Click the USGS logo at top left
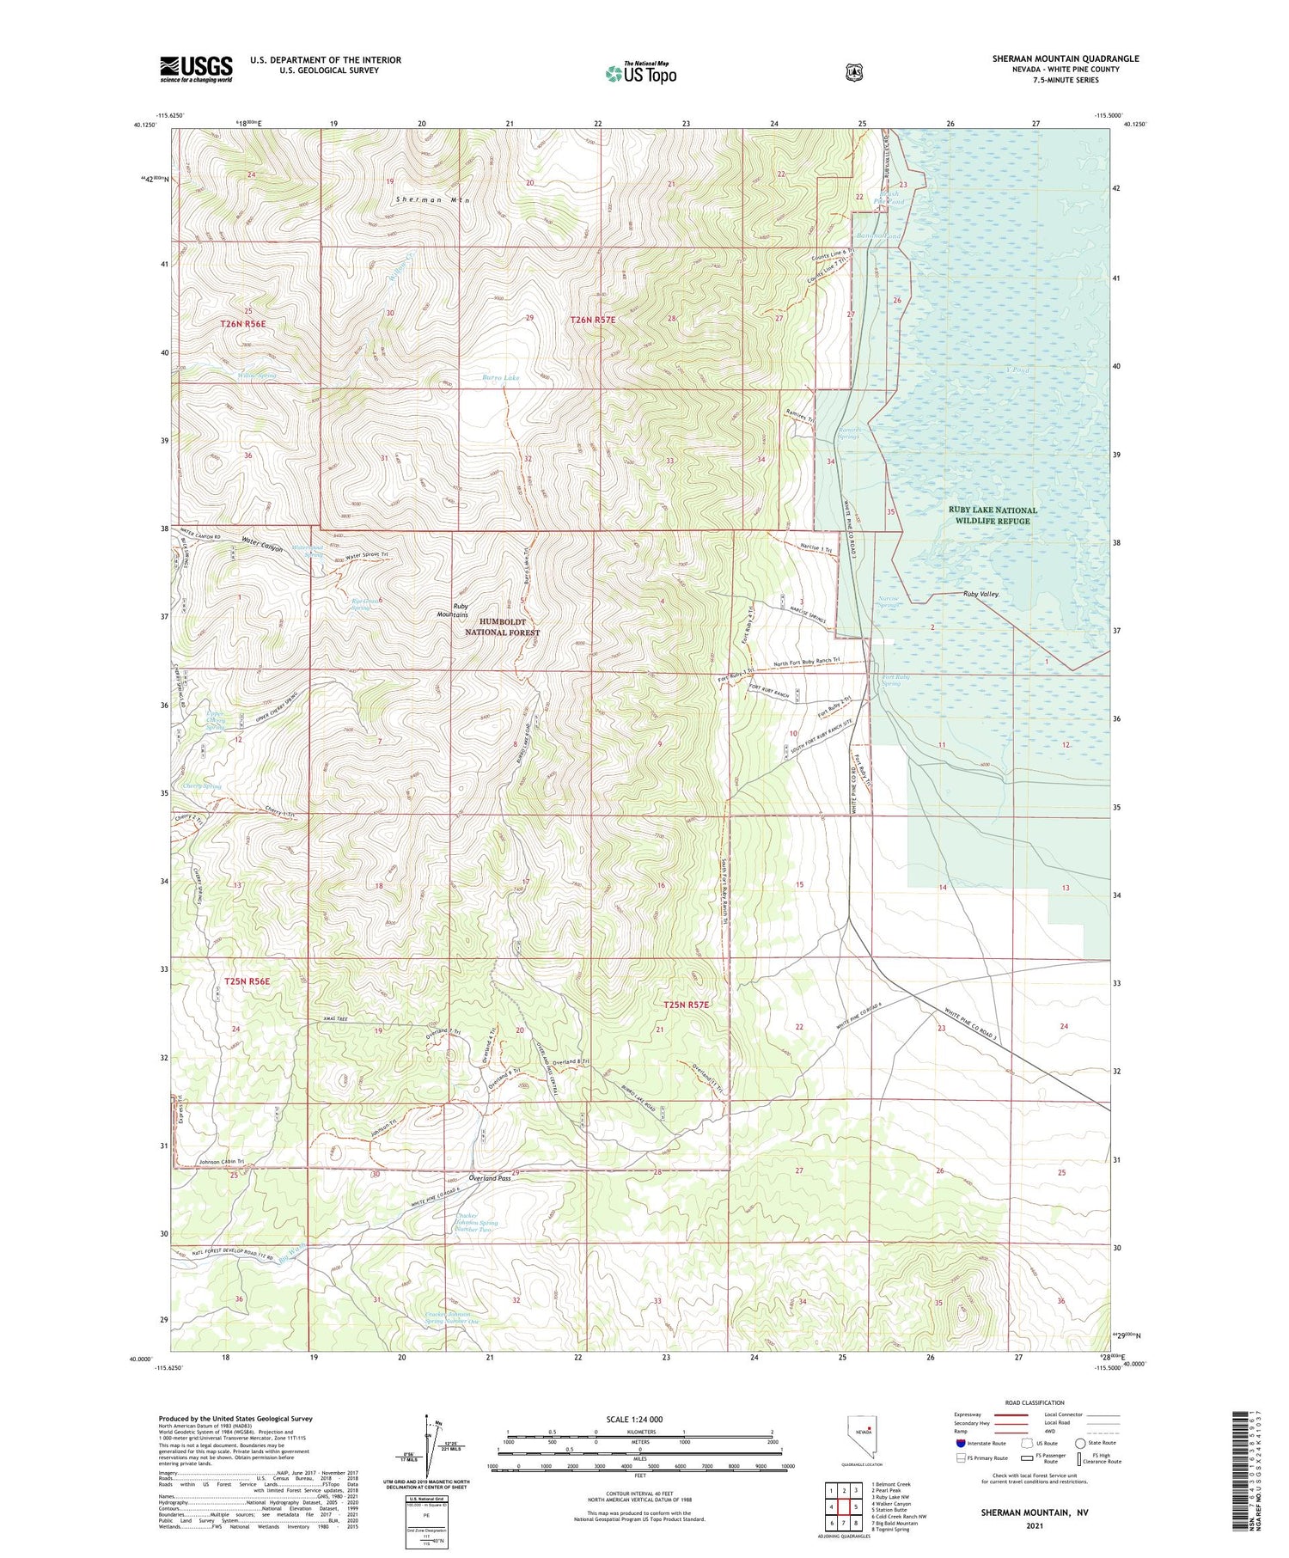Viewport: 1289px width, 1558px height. point(196,69)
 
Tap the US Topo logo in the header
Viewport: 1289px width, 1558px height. point(641,74)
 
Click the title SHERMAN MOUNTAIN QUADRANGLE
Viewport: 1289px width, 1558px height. point(1066,58)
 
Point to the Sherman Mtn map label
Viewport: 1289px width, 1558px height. point(433,199)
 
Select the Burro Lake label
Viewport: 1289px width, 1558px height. point(500,377)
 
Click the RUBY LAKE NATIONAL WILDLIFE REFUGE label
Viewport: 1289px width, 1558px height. point(993,515)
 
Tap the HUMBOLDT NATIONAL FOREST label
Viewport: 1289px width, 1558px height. point(503,626)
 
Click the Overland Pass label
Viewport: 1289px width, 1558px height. point(490,1178)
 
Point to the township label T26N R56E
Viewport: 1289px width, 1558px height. point(243,324)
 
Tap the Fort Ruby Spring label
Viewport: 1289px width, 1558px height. point(891,681)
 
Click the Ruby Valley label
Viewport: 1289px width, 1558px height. point(980,594)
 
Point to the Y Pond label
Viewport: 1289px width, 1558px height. point(1017,370)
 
